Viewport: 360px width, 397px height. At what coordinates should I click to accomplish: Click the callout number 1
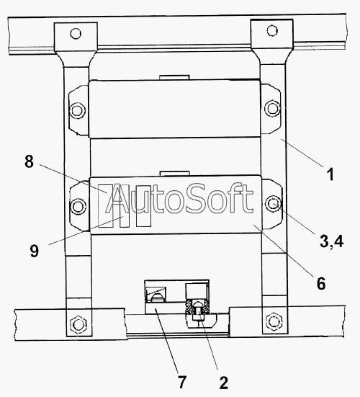(330, 174)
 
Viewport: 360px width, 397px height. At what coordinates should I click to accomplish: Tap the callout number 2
(223, 383)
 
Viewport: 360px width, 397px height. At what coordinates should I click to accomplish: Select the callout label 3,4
(331, 241)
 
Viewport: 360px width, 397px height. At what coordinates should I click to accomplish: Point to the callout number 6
(321, 283)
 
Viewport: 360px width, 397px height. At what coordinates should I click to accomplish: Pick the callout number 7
(182, 382)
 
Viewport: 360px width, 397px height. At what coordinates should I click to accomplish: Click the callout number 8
(29, 161)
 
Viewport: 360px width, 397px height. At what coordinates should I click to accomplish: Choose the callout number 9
(35, 251)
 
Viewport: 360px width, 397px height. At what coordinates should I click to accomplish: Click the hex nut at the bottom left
(78, 324)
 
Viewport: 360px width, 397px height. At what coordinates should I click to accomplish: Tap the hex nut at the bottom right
(273, 321)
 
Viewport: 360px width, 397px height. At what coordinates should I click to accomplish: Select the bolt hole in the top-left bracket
(76, 33)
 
